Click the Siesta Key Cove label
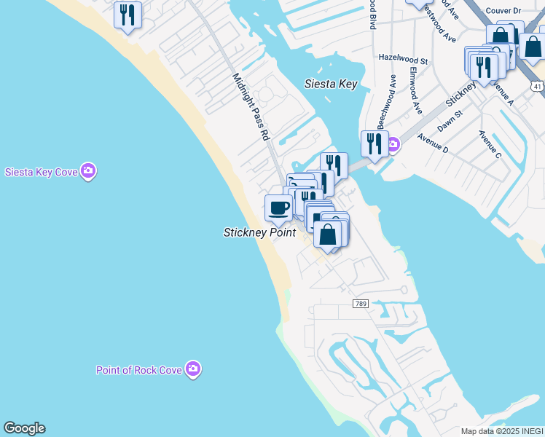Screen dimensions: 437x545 [x=41, y=173]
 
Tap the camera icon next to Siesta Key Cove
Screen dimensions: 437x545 [x=88, y=171]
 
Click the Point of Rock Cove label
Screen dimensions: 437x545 [x=138, y=370]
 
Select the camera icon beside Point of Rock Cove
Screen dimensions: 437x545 [x=193, y=369]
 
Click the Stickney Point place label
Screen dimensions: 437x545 [x=259, y=232]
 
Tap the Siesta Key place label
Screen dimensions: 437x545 [x=330, y=84]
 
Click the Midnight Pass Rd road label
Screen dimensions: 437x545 [x=251, y=106]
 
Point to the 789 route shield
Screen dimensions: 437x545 [x=360, y=303]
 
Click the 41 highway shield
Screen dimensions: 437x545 [x=537, y=86]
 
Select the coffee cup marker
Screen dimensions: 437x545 [x=278, y=208]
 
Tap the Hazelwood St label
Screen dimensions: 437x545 [x=403, y=57]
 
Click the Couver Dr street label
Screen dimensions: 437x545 [x=521, y=12]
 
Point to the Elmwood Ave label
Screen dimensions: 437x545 [x=415, y=91]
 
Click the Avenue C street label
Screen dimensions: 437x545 [x=490, y=144]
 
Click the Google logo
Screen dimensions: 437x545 [x=24, y=428]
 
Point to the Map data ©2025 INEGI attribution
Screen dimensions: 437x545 [x=502, y=431]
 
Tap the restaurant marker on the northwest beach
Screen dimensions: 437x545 [x=128, y=15]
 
